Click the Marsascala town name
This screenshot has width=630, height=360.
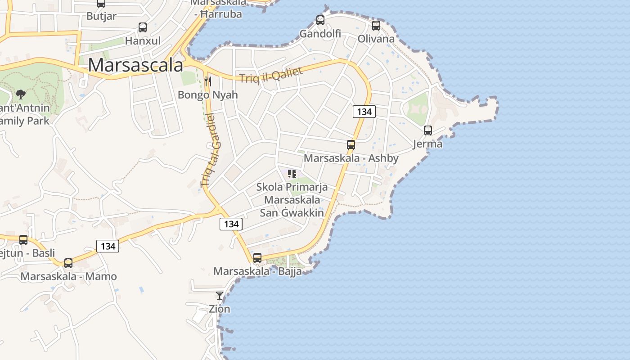point(135,65)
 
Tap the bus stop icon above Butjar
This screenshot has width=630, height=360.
point(101,3)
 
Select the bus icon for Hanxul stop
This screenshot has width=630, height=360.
point(143,27)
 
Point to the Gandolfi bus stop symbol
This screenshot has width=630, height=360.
point(320,20)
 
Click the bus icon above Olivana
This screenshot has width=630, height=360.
point(376,26)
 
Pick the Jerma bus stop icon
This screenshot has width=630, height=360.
point(428,130)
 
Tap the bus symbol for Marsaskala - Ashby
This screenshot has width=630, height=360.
point(351,145)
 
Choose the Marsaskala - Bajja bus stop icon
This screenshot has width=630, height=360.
point(257,258)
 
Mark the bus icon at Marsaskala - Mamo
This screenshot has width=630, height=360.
point(68,263)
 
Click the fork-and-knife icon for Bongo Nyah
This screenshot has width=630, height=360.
point(208,81)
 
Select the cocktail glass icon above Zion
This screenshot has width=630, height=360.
point(220,296)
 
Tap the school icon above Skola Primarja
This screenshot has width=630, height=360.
point(292,174)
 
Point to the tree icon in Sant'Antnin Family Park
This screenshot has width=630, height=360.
point(20,94)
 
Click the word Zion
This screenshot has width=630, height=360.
point(220,309)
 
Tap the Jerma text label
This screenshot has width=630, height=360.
point(428,144)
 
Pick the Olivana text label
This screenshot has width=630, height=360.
point(376,39)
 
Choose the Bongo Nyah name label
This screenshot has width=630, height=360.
point(208,95)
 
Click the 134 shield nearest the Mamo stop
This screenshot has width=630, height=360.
point(108,246)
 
